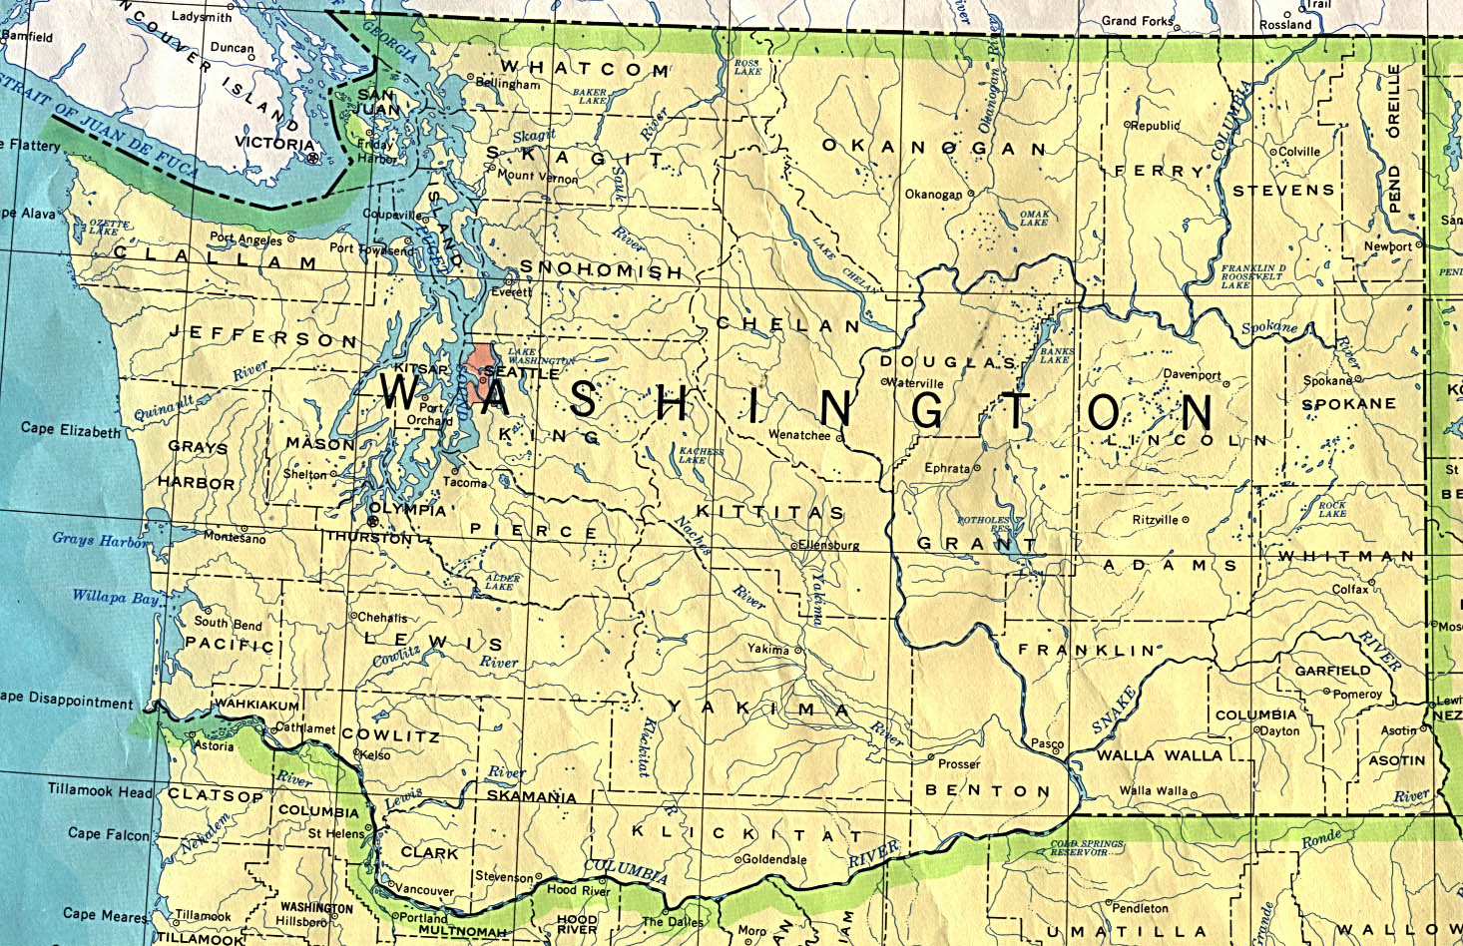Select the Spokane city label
click(1327, 381)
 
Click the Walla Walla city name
click(1153, 790)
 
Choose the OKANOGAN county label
click(933, 148)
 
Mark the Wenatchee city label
click(798, 435)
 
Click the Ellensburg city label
click(827, 546)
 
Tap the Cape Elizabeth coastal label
click(71, 429)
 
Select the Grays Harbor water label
click(99, 540)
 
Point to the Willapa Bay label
click(115, 598)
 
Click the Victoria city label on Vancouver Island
click(273, 144)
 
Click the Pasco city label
click(1047, 744)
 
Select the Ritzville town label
click(1156, 520)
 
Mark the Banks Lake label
click(1057, 355)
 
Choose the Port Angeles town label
click(245, 238)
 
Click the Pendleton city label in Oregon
click(1140, 908)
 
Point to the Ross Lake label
click(746, 67)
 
